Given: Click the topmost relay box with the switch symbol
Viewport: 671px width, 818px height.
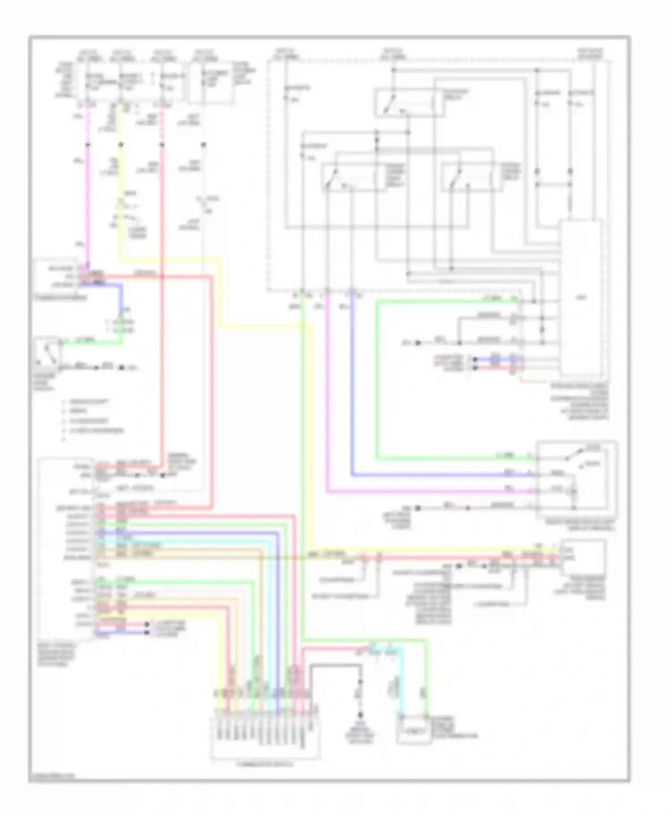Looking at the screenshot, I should click(409, 103).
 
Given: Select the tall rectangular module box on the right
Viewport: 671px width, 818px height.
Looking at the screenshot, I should click(581, 298).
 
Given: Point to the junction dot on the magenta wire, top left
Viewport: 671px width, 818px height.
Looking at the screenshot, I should click(88, 145).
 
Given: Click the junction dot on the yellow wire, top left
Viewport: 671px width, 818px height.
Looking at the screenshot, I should click(121, 145).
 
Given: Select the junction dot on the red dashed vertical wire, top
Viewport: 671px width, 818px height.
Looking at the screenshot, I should click(162, 145).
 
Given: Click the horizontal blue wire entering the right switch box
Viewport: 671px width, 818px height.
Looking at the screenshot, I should click(447, 475).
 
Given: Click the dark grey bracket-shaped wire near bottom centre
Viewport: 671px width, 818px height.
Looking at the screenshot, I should click(335, 666).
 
